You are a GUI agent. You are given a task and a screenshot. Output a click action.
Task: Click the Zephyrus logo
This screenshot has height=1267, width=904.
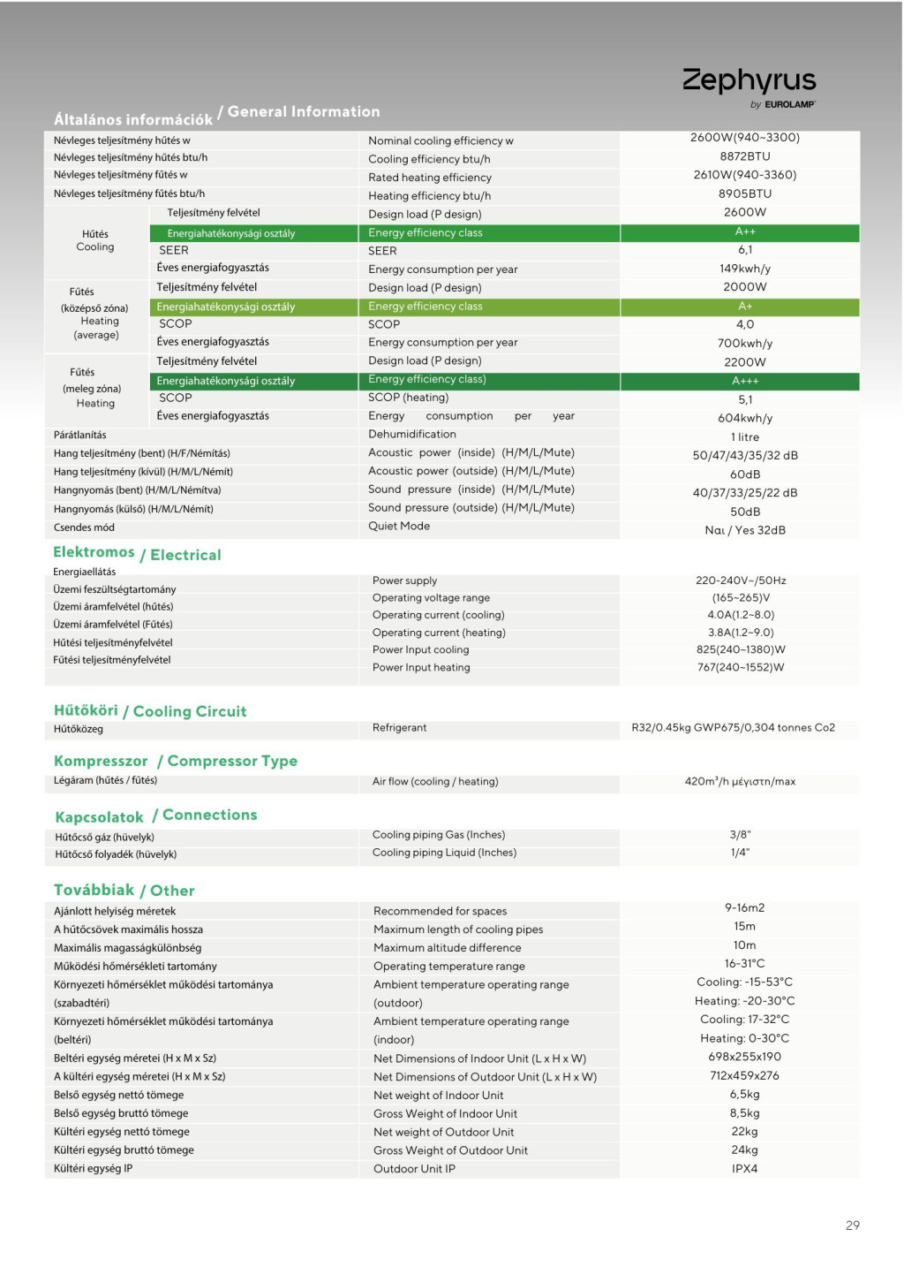coord(749,80)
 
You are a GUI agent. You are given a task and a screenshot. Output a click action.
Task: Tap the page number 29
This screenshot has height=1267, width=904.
coord(852,1225)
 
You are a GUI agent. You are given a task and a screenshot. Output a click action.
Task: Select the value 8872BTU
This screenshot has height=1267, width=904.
coord(744,156)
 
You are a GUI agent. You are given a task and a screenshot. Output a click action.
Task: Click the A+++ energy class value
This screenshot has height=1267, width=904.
coord(744,381)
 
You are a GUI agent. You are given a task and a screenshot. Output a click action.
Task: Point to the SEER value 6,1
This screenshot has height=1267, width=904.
coord(744,250)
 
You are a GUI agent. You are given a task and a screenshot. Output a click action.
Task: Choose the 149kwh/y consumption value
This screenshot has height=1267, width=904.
coord(744,269)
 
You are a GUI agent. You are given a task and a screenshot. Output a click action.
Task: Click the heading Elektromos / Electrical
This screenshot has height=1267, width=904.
coord(137,554)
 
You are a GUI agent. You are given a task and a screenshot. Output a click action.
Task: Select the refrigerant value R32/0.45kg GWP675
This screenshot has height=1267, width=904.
coord(733,728)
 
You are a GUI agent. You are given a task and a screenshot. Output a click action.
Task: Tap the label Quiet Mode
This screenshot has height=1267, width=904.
coord(399,527)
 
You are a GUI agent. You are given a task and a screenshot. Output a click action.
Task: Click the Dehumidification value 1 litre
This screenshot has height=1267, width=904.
coord(744,437)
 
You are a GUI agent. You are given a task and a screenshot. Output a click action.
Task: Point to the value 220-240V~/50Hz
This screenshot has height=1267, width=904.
coord(741,580)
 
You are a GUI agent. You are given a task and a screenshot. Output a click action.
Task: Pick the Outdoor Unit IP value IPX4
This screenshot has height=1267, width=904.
coord(744,1169)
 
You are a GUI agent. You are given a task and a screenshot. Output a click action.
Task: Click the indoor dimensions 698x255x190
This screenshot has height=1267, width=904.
coord(744,1057)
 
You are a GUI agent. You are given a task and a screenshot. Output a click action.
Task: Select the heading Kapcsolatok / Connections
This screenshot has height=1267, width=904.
coord(156,816)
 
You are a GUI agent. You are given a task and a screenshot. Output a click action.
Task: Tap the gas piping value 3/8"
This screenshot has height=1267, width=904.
coord(740,835)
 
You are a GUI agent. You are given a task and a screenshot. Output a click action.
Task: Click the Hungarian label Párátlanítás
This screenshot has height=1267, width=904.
coord(79,435)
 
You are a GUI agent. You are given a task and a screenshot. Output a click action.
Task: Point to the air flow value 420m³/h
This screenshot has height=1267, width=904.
coord(740,782)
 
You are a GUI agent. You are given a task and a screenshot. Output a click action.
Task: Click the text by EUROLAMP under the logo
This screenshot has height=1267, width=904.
coord(782,104)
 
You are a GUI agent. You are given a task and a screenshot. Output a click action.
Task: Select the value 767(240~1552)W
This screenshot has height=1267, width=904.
coord(741,668)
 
